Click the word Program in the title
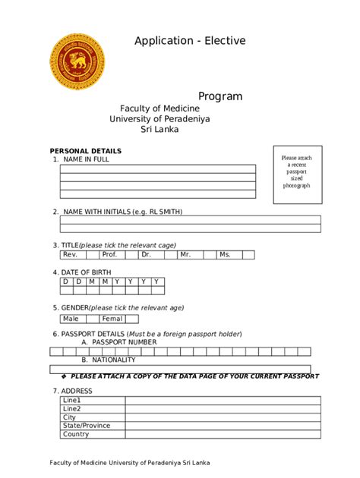point(220,96)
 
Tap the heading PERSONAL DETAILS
point(85,151)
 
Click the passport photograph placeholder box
point(298,174)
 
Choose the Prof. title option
point(109,255)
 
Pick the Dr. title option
point(147,255)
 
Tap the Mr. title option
point(185,255)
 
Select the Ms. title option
point(225,255)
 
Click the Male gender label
point(71,319)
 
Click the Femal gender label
point(112,319)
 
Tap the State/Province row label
point(87,426)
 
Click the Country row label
point(76,435)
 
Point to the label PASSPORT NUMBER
point(124,342)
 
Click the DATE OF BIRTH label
point(86,272)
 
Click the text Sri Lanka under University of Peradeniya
point(159,130)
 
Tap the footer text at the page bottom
point(130,462)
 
